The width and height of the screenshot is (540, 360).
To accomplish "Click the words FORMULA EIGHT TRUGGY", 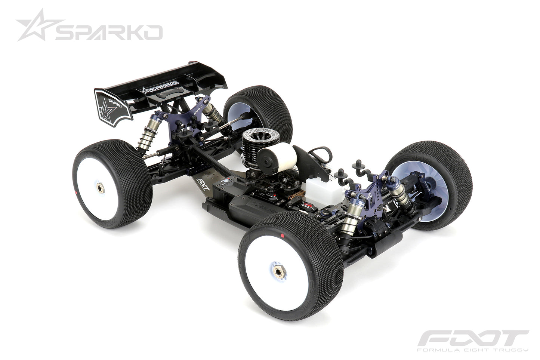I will (x=473, y=350).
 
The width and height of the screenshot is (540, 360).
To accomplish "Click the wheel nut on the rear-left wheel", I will (x=101, y=188).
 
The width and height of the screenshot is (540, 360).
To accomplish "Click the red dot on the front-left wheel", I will (x=283, y=237).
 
